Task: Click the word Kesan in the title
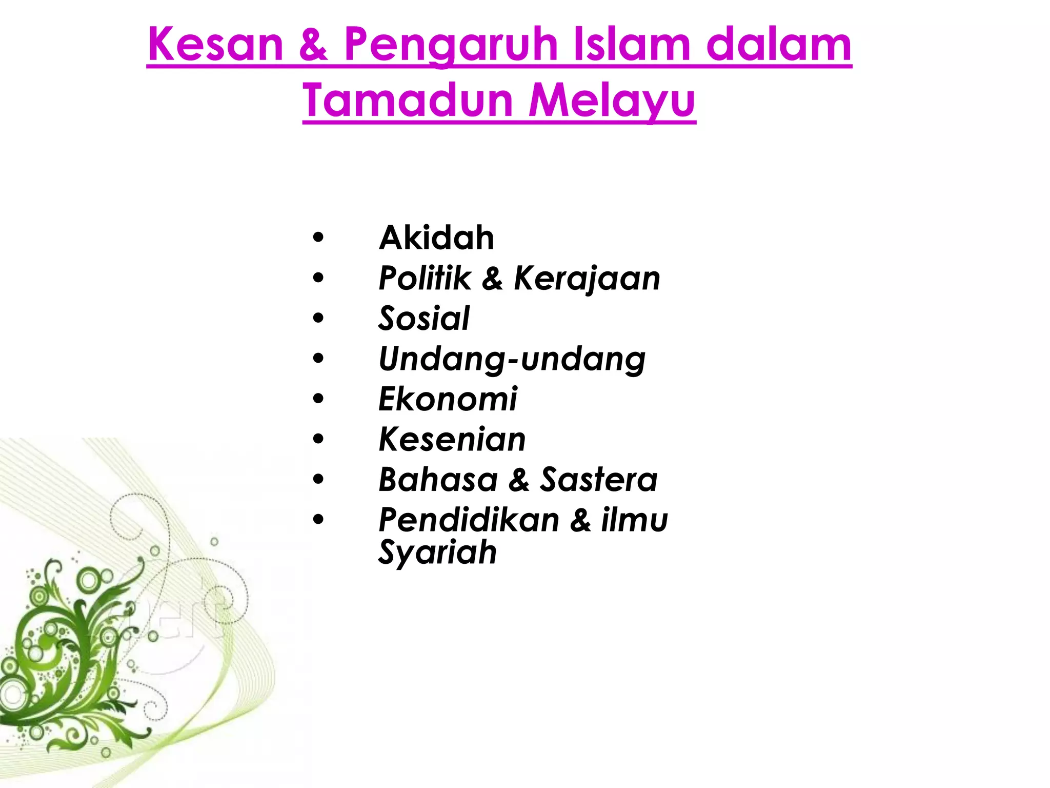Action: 215,45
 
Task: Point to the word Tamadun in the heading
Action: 408,100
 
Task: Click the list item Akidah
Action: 436,238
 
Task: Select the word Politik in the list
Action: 425,279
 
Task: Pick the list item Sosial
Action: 424,319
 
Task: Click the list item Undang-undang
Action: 512,359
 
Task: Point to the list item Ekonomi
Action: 448,399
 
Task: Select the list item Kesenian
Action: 452,440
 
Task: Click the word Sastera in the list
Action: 598,480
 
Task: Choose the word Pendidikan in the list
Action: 469,520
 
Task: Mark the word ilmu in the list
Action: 634,520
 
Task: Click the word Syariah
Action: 437,553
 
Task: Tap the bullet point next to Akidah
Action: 318,238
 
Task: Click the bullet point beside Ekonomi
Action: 318,399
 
